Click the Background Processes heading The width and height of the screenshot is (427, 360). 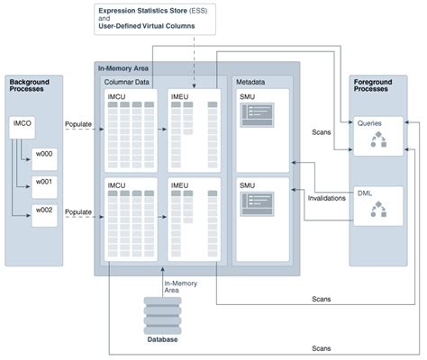click(30, 87)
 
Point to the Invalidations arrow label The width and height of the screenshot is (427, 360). click(327, 198)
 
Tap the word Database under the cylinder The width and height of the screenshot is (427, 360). click(162, 339)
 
